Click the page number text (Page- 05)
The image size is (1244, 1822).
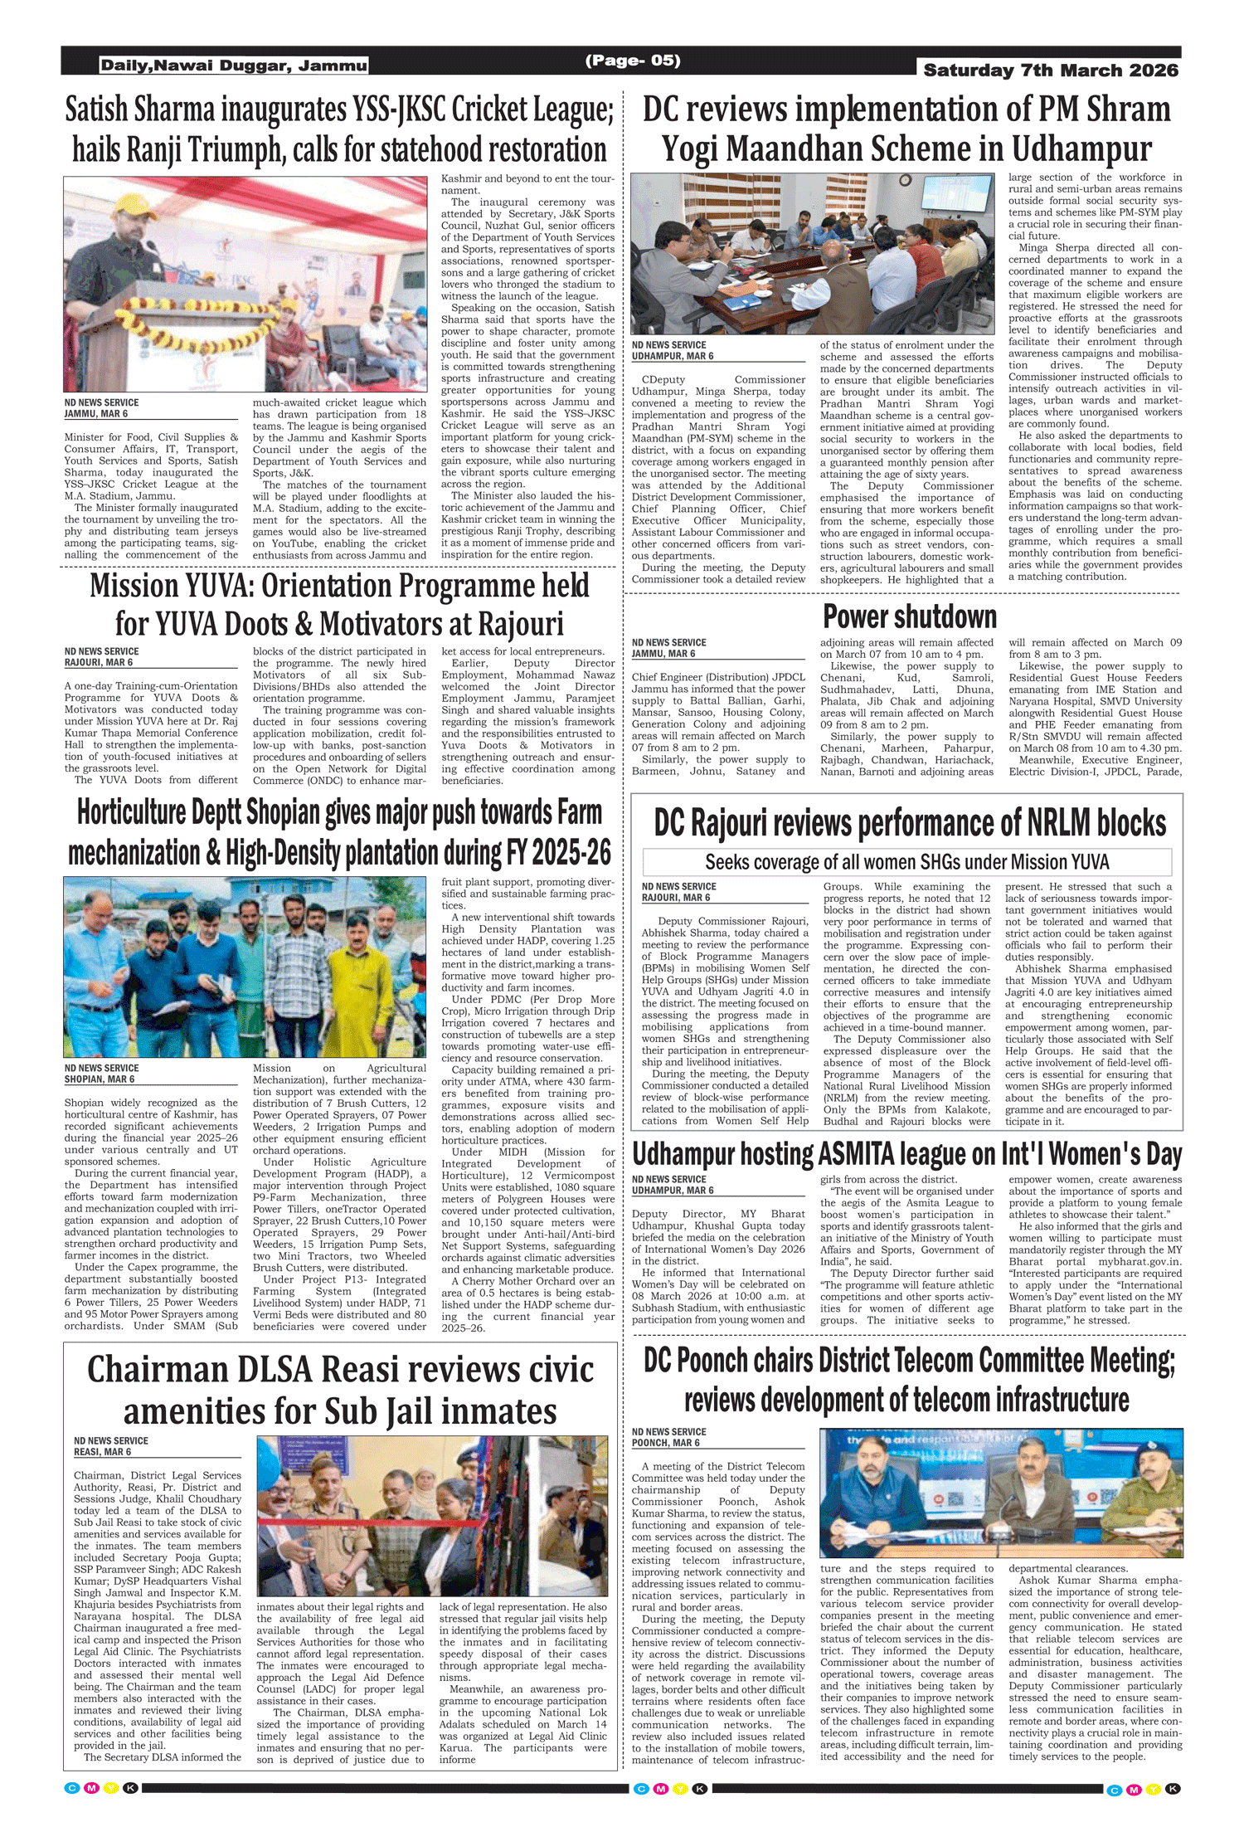[632, 61]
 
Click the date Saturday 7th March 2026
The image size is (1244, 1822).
[1050, 71]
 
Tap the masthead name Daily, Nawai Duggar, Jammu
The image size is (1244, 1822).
[233, 66]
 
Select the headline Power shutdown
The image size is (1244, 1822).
[909, 617]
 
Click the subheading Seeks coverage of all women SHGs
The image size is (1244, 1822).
[906, 862]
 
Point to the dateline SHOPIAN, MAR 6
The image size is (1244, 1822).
[100, 1079]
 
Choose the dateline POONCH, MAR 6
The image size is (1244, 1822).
[665, 1443]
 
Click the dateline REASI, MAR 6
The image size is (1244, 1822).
[102, 1452]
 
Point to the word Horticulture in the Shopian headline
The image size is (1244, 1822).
[131, 813]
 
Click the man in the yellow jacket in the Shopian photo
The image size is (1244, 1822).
[349, 979]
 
